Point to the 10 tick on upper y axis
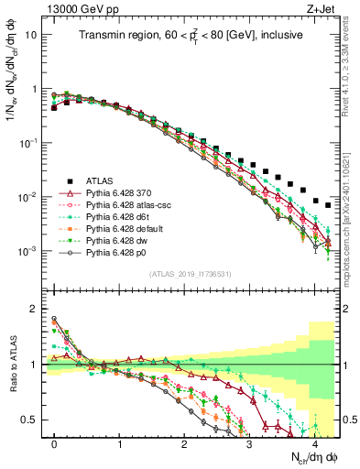tap(31, 35)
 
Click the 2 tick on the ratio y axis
tap(33, 309)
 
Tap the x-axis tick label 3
tap(249, 442)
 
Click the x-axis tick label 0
tap(54, 442)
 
